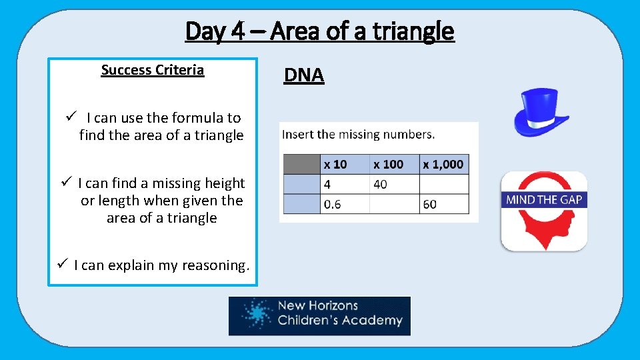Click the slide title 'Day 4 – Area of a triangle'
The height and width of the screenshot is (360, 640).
tap(319, 31)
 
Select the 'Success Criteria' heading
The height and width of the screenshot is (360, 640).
tap(152, 70)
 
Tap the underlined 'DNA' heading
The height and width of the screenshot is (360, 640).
tap(303, 75)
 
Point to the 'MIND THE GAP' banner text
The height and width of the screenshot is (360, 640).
tap(543, 199)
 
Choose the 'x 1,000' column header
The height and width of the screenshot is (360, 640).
tap(444, 164)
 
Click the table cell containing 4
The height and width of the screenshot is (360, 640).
tap(345, 184)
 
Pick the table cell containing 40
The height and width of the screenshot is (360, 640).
tap(394, 184)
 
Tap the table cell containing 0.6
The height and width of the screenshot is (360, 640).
tap(345, 204)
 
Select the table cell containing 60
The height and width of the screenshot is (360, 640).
tap(444, 204)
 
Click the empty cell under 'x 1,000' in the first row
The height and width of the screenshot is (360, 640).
tap(444, 184)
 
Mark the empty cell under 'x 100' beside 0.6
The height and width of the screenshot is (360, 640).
tap(394, 204)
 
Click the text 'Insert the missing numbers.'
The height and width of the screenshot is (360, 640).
tap(359, 134)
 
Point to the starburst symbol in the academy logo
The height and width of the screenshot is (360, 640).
tap(254, 315)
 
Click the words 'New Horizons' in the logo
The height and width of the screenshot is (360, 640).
tap(317, 306)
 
